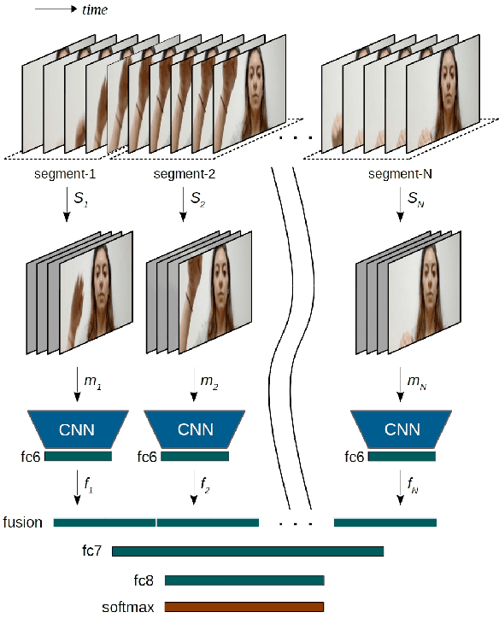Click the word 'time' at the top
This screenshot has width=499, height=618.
[95, 9]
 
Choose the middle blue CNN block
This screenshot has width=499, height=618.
[195, 429]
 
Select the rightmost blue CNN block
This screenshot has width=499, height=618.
[402, 429]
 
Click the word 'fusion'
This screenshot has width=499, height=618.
[23, 522]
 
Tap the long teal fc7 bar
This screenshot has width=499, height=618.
[248, 551]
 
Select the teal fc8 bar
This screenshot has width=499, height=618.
[244, 580]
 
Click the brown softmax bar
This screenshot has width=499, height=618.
[244, 607]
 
